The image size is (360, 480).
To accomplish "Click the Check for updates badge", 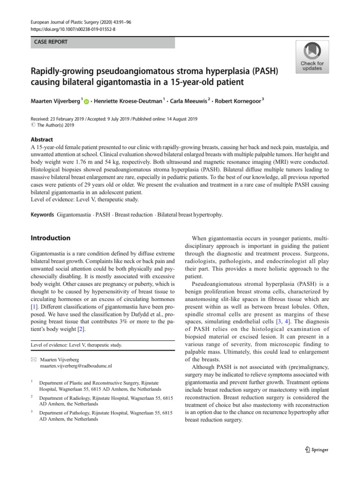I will (312, 57).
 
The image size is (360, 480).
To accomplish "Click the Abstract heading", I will (42, 139).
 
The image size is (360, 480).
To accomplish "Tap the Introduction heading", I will (51, 238).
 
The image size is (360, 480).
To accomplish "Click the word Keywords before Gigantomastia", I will (43, 215).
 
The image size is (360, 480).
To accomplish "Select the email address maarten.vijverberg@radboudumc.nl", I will (76, 365).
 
